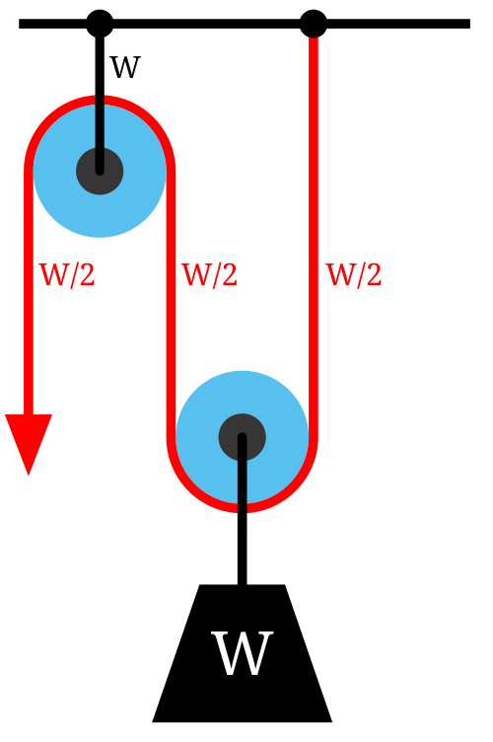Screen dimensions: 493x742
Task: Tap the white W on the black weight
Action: (242, 653)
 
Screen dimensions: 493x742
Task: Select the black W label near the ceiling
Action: (125, 67)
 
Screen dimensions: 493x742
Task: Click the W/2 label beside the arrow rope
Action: (67, 274)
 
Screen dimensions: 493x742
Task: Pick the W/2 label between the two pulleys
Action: (209, 274)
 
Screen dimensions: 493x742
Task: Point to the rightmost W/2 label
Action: (354, 274)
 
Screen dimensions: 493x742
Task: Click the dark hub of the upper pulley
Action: (100, 171)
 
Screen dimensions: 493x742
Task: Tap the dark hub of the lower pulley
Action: (242, 437)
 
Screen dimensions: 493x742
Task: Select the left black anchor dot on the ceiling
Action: (100, 24)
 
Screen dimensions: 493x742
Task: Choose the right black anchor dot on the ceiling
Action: (314, 24)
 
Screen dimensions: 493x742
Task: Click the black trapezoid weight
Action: (242, 653)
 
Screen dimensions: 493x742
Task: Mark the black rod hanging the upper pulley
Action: (100, 100)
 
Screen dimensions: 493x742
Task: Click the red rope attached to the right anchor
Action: (313, 237)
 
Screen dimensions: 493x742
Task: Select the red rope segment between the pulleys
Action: (172, 303)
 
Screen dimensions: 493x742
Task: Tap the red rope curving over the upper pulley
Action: (100, 100)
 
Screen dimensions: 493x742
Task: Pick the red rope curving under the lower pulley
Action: (242, 508)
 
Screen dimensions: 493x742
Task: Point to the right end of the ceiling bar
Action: (469, 24)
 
